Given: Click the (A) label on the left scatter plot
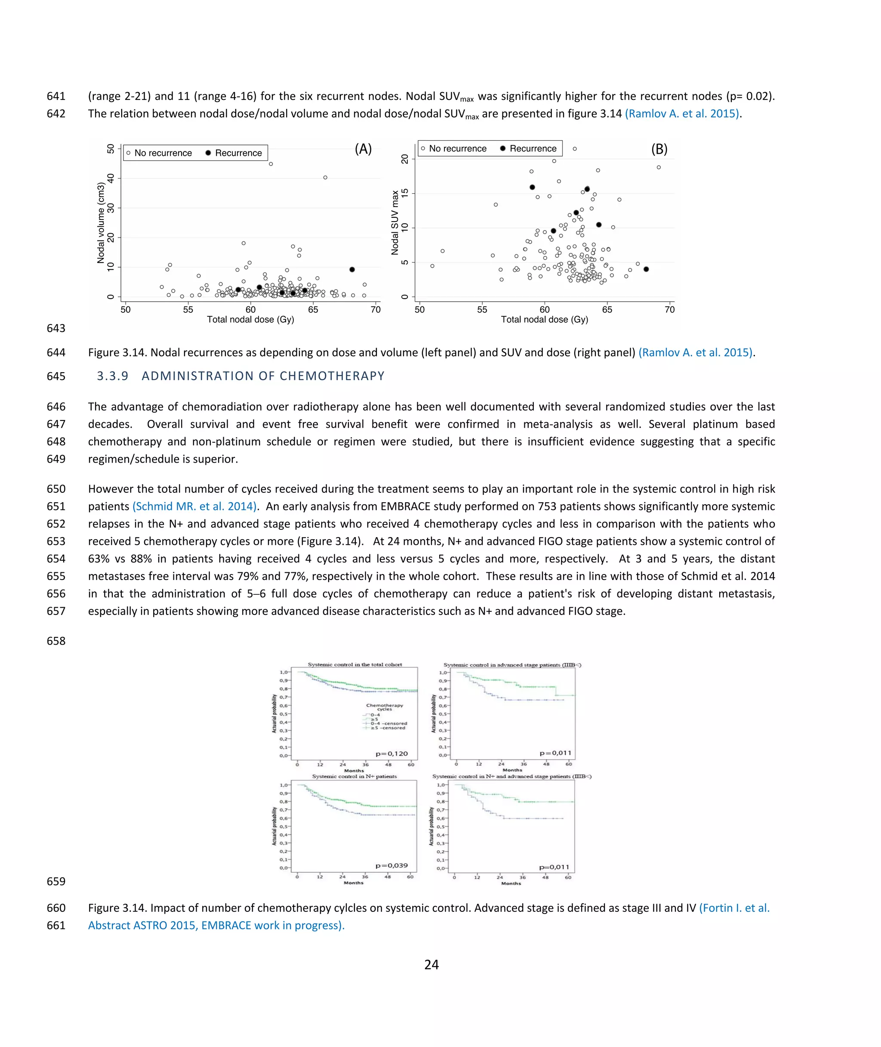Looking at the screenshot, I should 363,149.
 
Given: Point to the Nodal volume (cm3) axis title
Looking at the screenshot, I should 101,223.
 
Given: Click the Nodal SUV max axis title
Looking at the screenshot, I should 395,222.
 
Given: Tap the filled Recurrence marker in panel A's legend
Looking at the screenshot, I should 208,153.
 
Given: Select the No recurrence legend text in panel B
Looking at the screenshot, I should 457,148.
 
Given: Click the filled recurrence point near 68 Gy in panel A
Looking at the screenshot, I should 352,269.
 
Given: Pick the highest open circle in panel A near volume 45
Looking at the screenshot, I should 271,164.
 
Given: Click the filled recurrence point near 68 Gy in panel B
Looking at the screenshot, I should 646,269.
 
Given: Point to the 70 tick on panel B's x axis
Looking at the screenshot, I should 669,310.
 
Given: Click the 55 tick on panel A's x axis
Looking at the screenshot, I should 188,310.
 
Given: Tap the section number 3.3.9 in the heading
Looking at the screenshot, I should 112,376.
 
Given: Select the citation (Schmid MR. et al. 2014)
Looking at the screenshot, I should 195,507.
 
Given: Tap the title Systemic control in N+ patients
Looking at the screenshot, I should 354,776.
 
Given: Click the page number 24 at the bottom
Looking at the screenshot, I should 431,964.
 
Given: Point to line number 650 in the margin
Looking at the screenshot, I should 56,489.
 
